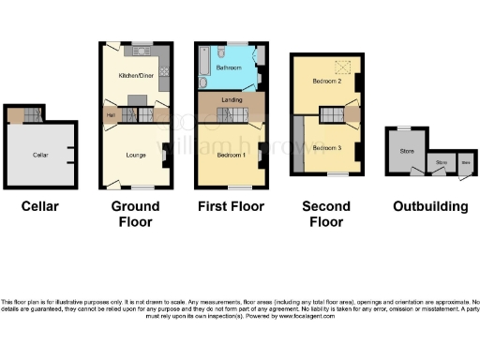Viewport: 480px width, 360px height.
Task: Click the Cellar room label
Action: [40, 155]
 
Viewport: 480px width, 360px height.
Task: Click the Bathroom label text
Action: [229, 68]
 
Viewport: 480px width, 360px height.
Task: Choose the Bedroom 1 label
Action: [230, 154]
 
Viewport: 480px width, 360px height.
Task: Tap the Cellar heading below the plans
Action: [40, 206]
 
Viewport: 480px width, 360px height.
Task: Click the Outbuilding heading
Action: [429, 206]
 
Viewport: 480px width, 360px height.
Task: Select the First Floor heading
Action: [231, 206]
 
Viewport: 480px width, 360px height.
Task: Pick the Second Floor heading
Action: [325, 214]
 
